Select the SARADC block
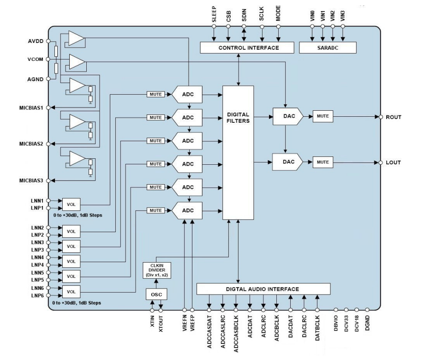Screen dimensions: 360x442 [x=328, y=48]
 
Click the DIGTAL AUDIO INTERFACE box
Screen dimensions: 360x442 [x=263, y=289]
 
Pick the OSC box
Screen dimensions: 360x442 [x=156, y=294]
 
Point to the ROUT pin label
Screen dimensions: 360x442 [x=394, y=117]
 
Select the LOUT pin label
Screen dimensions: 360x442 [x=394, y=162]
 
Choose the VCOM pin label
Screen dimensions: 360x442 [x=35, y=60]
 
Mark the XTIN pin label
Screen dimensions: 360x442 [x=152, y=321]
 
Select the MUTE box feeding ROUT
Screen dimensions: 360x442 [x=323, y=116]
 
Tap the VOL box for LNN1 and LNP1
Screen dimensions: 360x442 [x=71, y=204]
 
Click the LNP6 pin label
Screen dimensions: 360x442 [x=37, y=295]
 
